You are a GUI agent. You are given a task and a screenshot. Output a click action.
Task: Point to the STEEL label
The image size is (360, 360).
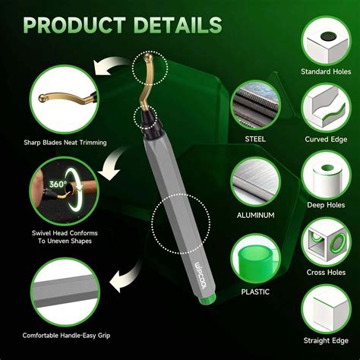(254, 139)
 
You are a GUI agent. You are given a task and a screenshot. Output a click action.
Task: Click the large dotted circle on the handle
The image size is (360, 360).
(181, 225)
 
